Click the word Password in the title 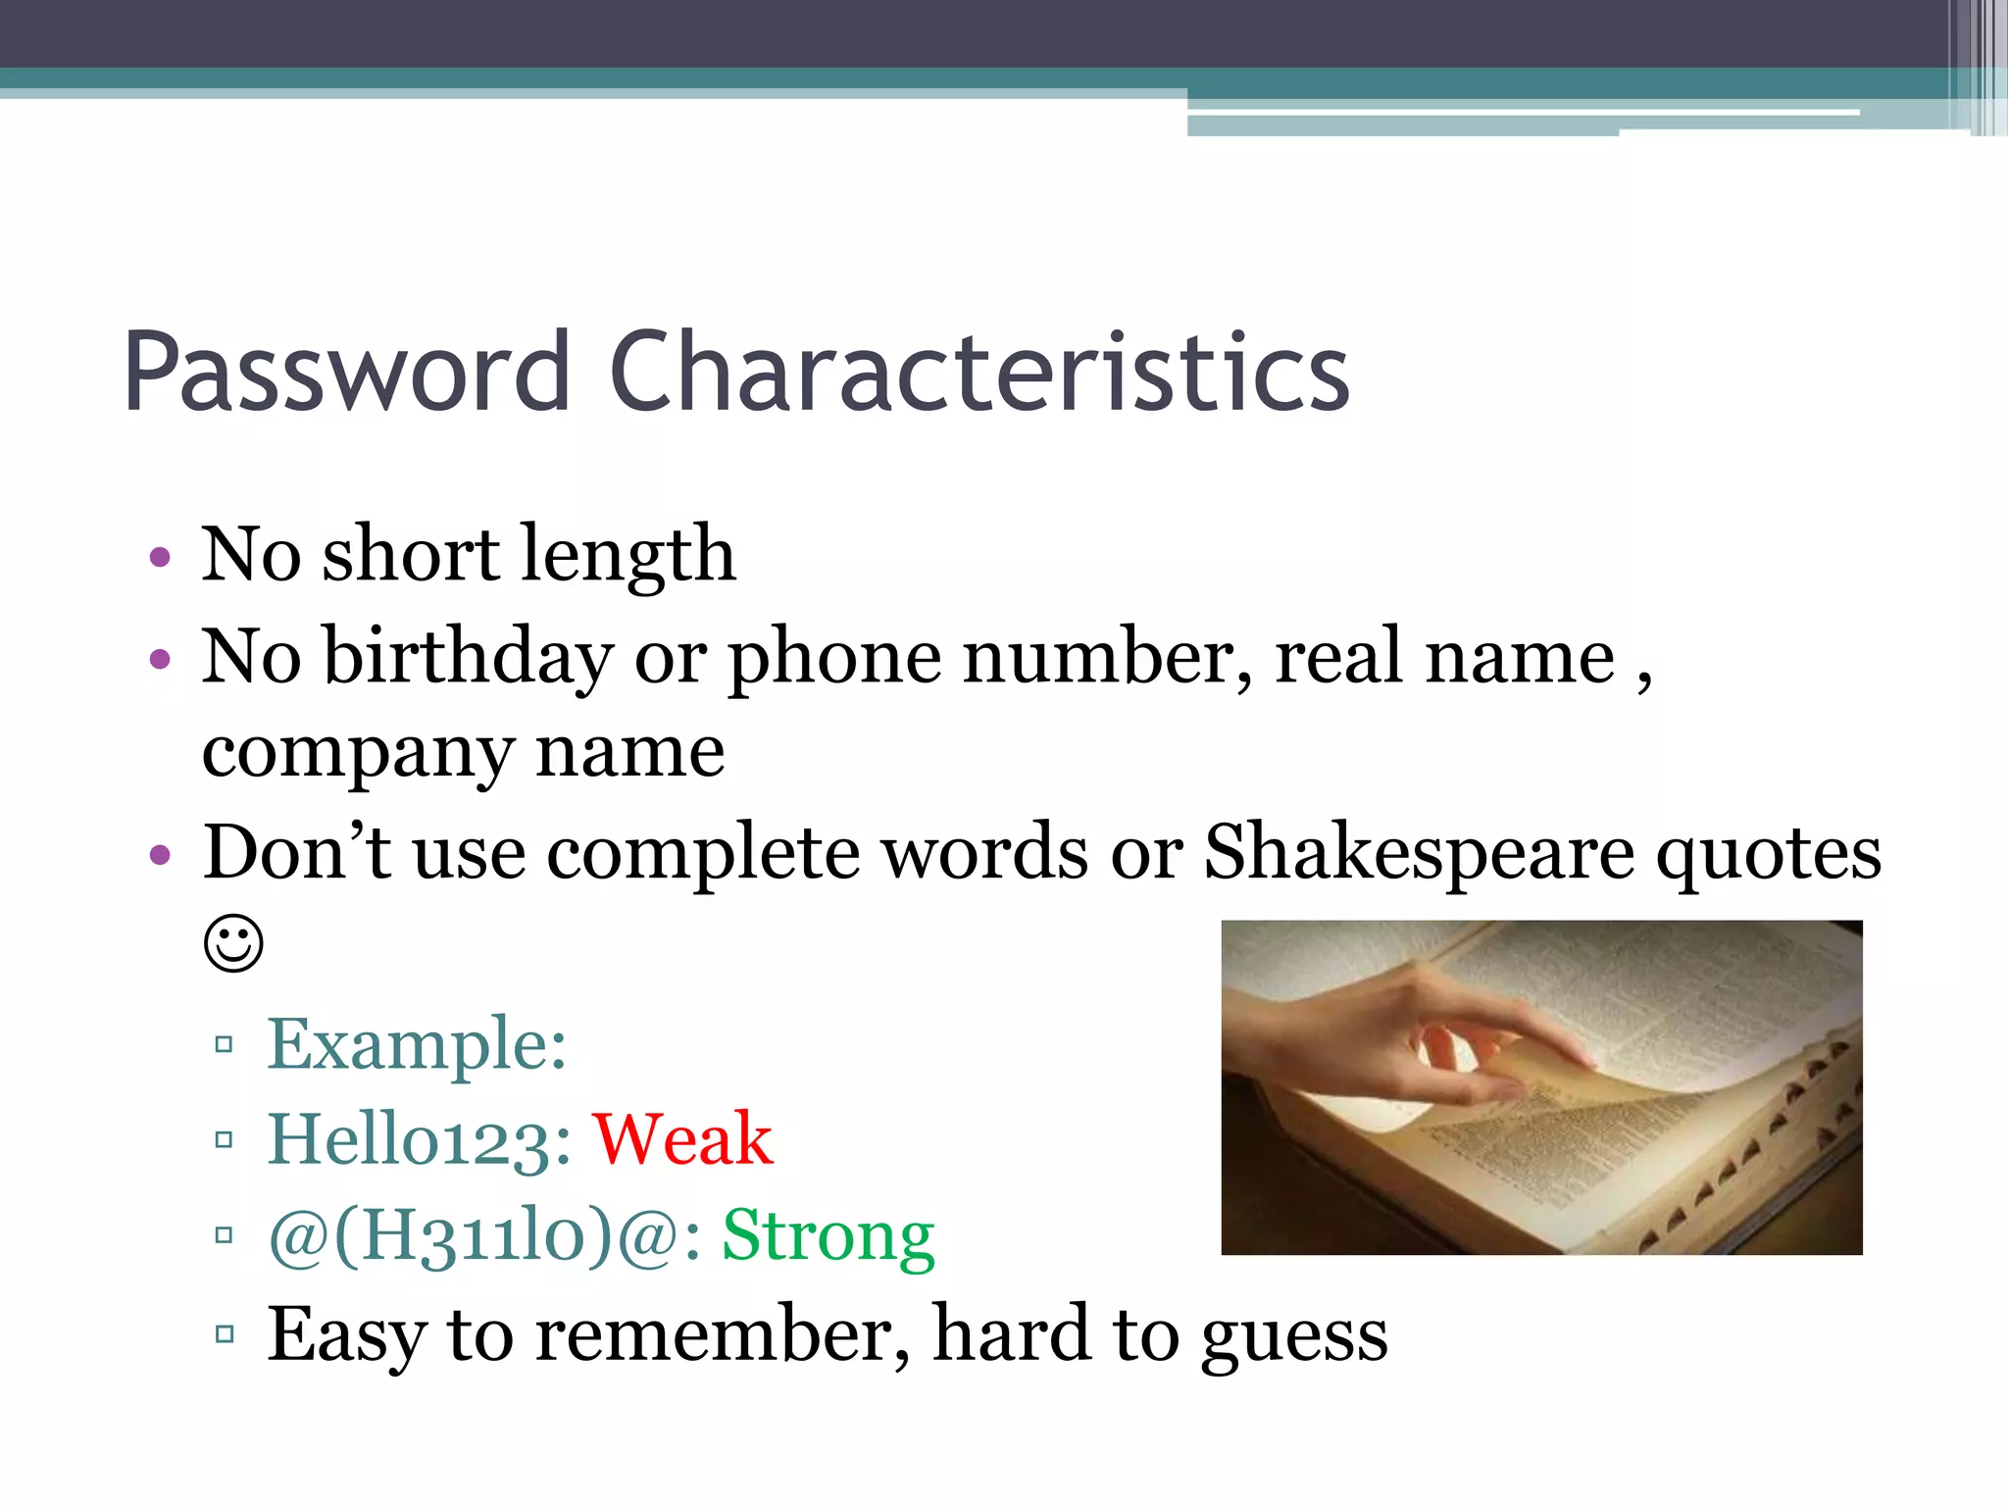pos(347,373)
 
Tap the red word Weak pos(682,1139)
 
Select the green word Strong pos(828,1235)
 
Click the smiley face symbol pos(233,944)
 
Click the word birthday pos(469,656)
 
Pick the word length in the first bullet pos(627,555)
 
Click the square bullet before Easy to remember pos(225,1333)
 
